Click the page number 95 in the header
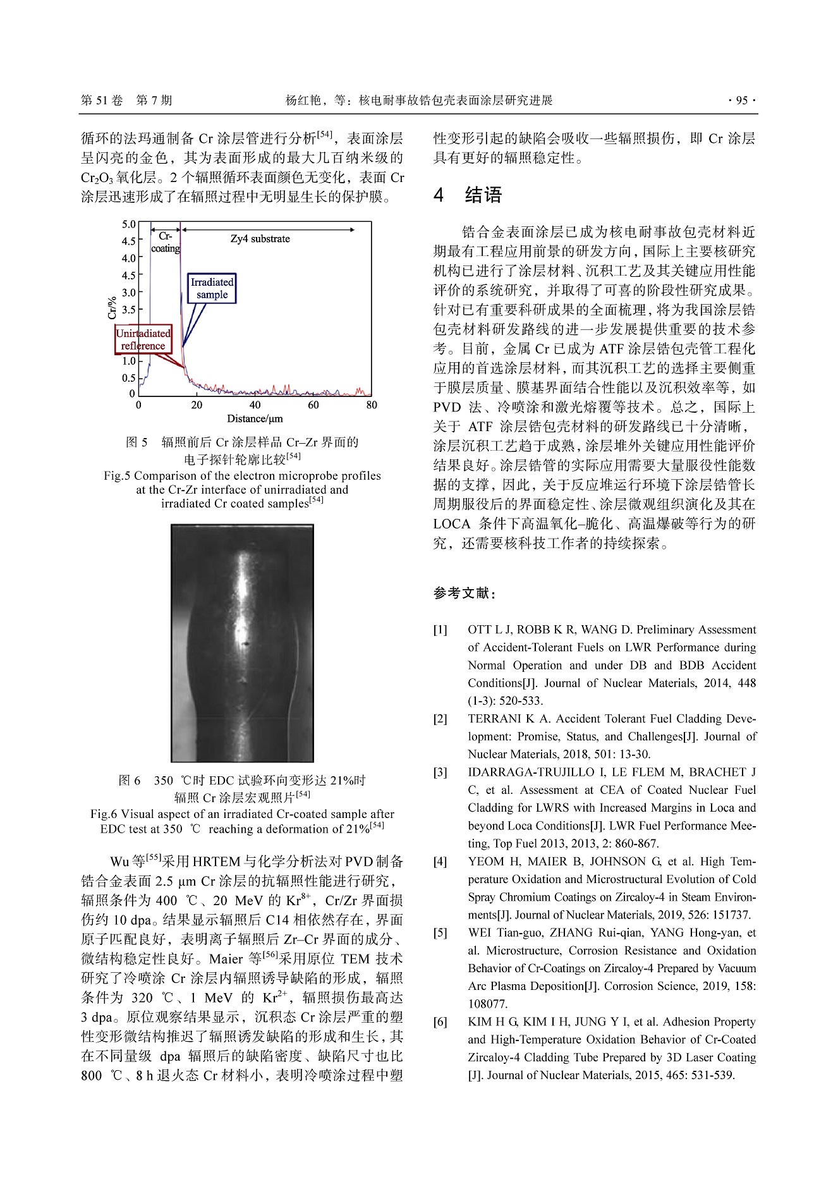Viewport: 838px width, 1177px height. [742, 101]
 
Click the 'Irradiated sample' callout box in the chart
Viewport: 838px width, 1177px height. [212, 288]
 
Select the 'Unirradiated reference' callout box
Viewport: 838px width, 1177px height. [143, 339]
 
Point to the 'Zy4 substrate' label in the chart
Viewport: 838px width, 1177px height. [260, 239]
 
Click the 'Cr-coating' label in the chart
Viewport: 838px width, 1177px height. [166, 242]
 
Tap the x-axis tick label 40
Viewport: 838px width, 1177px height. [255, 405]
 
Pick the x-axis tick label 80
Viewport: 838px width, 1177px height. [371, 405]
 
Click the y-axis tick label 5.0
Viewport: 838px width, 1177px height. [129, 224]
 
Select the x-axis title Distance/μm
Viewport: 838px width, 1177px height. [255, 418]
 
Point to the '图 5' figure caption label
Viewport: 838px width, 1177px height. [137, 442]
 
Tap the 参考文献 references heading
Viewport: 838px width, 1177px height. [465, 593]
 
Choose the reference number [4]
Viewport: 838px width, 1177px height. [440, 862]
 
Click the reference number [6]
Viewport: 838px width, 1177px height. [440, 1021]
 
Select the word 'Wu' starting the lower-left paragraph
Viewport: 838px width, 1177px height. [119, 862]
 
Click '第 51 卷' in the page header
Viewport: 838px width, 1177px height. [102, 101]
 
